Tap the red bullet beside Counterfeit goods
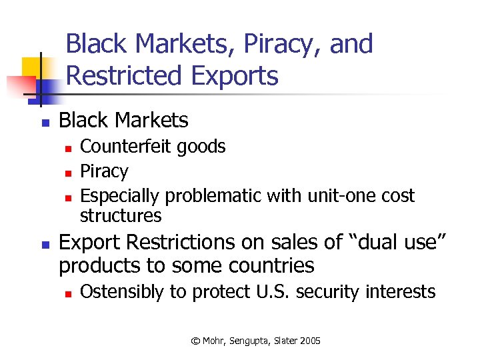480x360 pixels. (x=67, y=147)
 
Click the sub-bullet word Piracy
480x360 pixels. (x=103, y=171)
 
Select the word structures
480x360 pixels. (x=121, y=215)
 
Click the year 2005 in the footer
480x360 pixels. (x=309, y=341)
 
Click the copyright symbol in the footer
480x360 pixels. (x=195, y=341)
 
